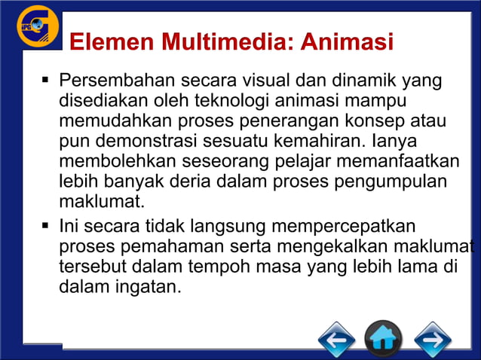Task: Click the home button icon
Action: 383,340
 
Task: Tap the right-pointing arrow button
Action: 432,340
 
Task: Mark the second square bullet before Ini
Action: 46,225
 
